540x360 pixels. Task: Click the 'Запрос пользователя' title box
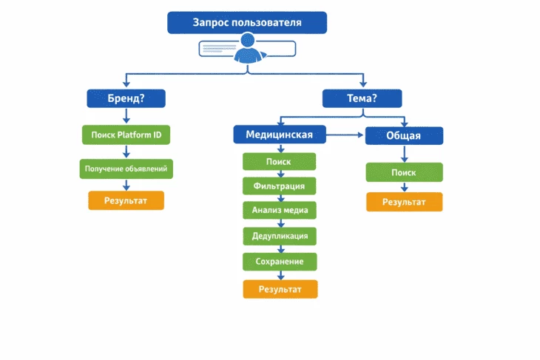247,23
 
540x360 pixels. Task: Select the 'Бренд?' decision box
126,98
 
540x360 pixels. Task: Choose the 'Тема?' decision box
362,98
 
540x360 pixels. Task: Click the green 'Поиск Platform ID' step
126,135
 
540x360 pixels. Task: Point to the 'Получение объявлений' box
126,169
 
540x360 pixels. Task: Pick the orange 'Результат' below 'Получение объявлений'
126,200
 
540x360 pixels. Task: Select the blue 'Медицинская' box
279,135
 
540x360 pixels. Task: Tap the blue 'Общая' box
404,135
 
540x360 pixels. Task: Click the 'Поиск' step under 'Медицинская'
279,162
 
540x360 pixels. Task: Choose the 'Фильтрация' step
279,186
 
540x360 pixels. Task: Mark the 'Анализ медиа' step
280,211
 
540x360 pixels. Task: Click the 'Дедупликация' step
280,236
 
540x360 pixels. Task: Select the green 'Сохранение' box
280,262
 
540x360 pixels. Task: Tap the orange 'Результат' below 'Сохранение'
280,289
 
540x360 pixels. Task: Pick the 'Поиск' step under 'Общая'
404,172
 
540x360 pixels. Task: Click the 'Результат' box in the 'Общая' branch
404,202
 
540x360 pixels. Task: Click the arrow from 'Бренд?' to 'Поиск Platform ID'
126,116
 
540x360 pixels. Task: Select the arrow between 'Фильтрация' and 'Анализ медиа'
280,198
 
